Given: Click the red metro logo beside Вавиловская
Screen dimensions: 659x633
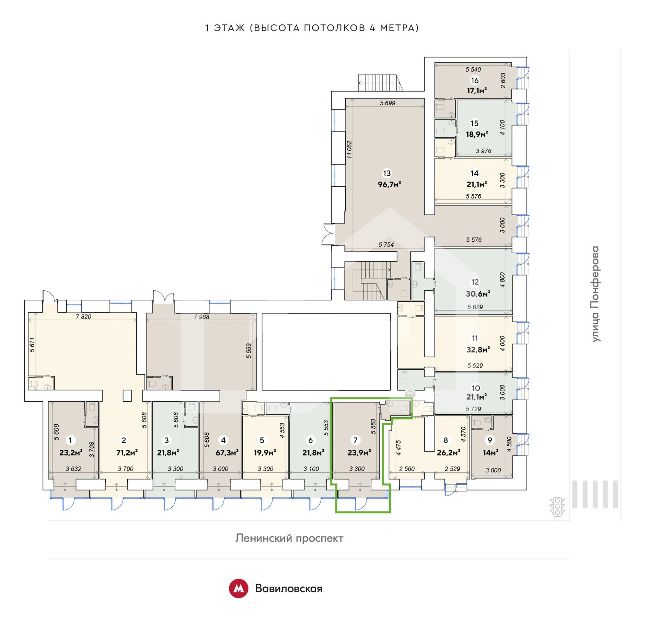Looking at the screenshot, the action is tap(239, 588).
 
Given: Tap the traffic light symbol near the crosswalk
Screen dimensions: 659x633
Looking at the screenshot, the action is tap(557, 507).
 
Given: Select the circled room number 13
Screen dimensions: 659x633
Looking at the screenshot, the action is tap(387, 173).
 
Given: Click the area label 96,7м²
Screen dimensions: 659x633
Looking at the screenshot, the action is tap(390, 184).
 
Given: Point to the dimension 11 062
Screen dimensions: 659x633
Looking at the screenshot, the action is tap(349, 150).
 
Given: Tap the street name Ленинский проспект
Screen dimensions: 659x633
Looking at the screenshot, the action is tap(289, 538).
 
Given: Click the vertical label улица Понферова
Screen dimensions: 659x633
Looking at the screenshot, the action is tap(595, 294).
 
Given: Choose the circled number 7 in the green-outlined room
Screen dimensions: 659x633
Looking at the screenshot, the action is tap(355, 440).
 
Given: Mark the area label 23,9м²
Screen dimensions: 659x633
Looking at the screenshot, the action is tap(359, 453).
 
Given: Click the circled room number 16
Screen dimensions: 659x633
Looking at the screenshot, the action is tap(475, 80).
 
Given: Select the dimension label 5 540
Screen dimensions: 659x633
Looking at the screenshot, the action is tap(473, 69).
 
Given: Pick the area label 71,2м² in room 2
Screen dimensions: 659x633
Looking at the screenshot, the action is tap(127, 453).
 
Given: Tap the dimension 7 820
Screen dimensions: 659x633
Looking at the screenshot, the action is tap(84, 316).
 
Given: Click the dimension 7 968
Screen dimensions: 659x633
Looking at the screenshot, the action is tap(201, 317).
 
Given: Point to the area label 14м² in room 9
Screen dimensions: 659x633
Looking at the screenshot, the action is tap(491, 453).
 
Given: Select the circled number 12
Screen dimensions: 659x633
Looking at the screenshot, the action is tap(475, 282).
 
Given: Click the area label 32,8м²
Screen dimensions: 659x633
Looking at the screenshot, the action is tap(478, 350).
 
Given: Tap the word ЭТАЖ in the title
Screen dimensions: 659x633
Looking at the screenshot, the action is tap(229, 28).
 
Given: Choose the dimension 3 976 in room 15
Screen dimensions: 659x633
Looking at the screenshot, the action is tap(484, 151).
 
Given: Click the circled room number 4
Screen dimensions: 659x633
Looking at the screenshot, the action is tap(223, 440).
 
